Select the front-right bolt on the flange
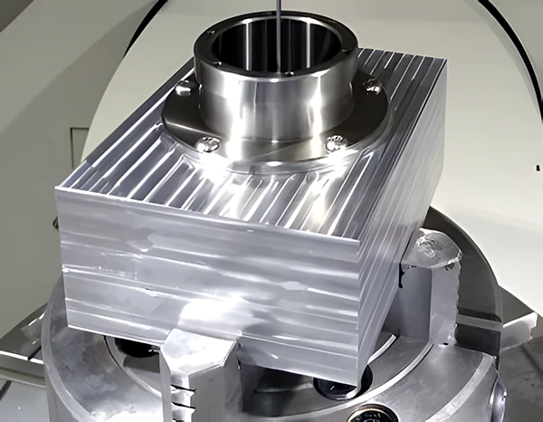point(336,142)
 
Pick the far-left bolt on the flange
point(184,89)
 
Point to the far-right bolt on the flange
point(371,85)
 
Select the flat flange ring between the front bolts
point(271,156)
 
